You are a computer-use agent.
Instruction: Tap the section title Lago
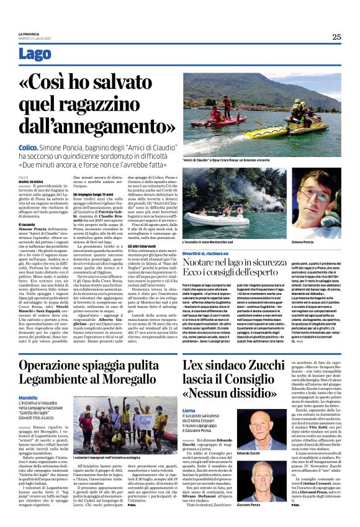pyautogui.click(x=35, y=55)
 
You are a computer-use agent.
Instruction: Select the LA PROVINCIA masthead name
pyautogui.click(x=30, y=33)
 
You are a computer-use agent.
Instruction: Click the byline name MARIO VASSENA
pyautogui.click(x=31, y=181)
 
